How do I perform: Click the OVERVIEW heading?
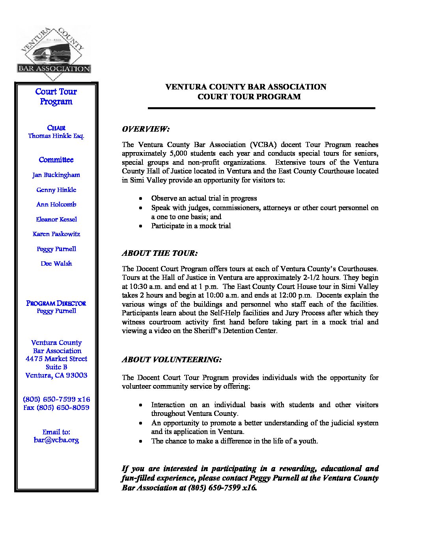pos(145,129)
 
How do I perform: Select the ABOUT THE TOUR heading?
pos(160,253)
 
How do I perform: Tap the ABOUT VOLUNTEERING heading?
pos(172,359)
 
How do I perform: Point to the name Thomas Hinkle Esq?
pos(56,136)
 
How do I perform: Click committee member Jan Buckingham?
pos(56,175)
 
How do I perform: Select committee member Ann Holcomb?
pos(56,205)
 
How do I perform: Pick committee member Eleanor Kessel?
pos(56,220)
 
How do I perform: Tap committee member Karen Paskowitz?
pos(56,234)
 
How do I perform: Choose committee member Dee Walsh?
pos(56,264)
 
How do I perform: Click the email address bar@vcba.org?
pos(56,440)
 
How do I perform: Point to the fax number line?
pos(56,408)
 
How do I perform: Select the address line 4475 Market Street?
pos(56,359)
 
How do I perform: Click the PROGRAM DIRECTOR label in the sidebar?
pos(56,304)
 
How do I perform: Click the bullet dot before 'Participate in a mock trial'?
pos(141,226)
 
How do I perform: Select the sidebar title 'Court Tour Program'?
pos(56,97)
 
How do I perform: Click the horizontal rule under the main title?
pos(261,108)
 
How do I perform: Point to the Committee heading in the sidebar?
pos(56,160)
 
